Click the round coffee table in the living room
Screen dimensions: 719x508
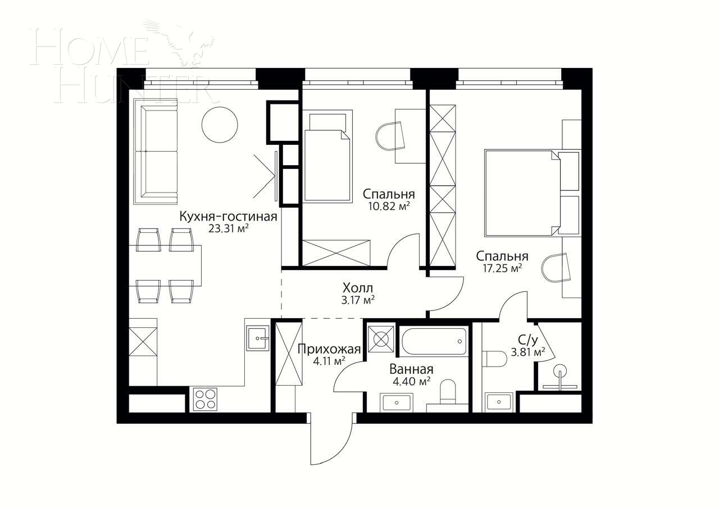click(220, 125)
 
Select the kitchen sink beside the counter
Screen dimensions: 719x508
click(258, 338)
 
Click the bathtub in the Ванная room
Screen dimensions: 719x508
click(434, 341)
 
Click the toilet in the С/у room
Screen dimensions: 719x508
click(494, 359)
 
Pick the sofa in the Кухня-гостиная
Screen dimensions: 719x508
click(156, 152)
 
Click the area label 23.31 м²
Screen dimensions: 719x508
click(229, 228)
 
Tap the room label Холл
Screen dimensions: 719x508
click(358, 287)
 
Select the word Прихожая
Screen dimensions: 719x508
click(329, 349)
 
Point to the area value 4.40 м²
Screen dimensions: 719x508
click(412, 382)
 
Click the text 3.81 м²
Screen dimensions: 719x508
click(527, 353)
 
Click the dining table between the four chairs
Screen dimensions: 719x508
click(165, 265)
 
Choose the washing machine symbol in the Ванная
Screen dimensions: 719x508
click(381, 339)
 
